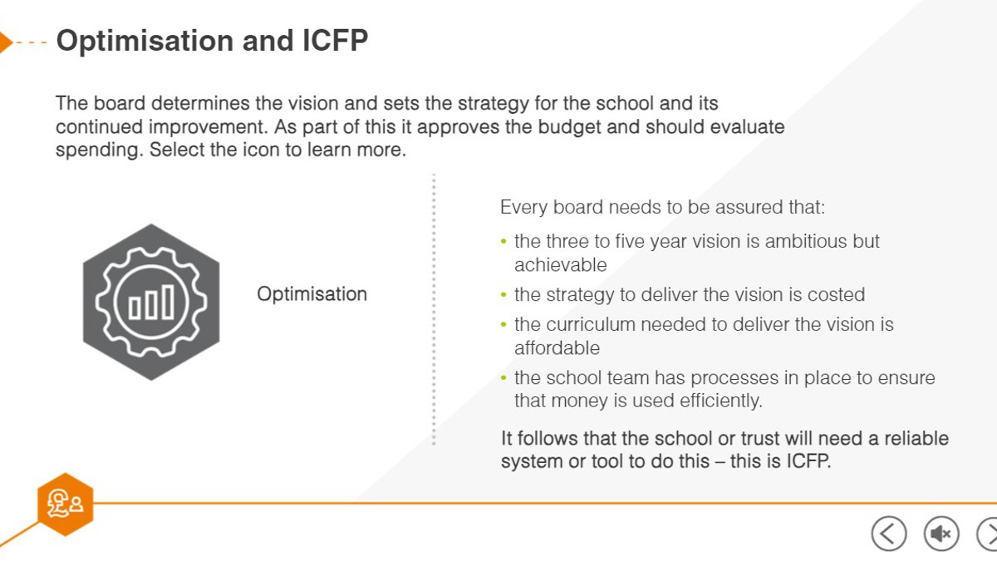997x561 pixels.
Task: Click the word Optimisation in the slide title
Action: click(x=145, y=42)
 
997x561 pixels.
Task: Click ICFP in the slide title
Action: click(x=335, y=41)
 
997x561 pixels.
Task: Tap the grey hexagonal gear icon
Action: click(x=151, y=302)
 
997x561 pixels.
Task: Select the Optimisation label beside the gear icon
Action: click(x=312, y=294)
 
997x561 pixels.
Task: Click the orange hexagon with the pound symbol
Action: click(x=66, y=504)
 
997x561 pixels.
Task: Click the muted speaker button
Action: click(x=941, y=534)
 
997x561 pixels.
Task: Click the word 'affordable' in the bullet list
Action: click(x=557, y=348)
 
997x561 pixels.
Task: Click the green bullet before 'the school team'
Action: click(x=503, y=378)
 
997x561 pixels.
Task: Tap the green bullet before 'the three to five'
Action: click(x=503, y=242)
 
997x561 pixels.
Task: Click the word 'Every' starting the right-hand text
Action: click(x=524, y=208)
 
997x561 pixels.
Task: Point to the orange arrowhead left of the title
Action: click(x=5, y=42)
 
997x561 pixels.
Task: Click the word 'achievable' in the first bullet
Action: click(x=561, y=265)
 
